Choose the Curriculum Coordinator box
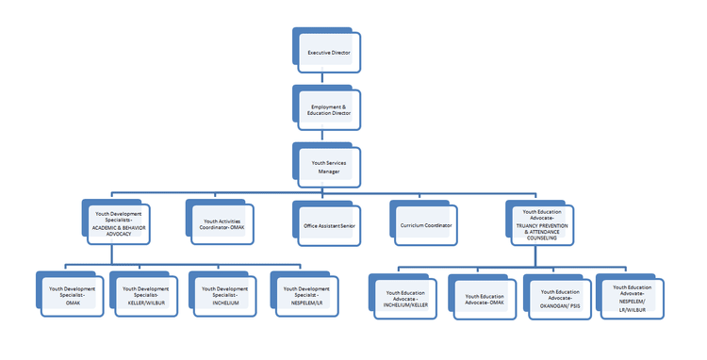click(x=424, y=225)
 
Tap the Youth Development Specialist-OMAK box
click(x=72, y=295)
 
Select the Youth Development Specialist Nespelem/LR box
click(x=304, y=295)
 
